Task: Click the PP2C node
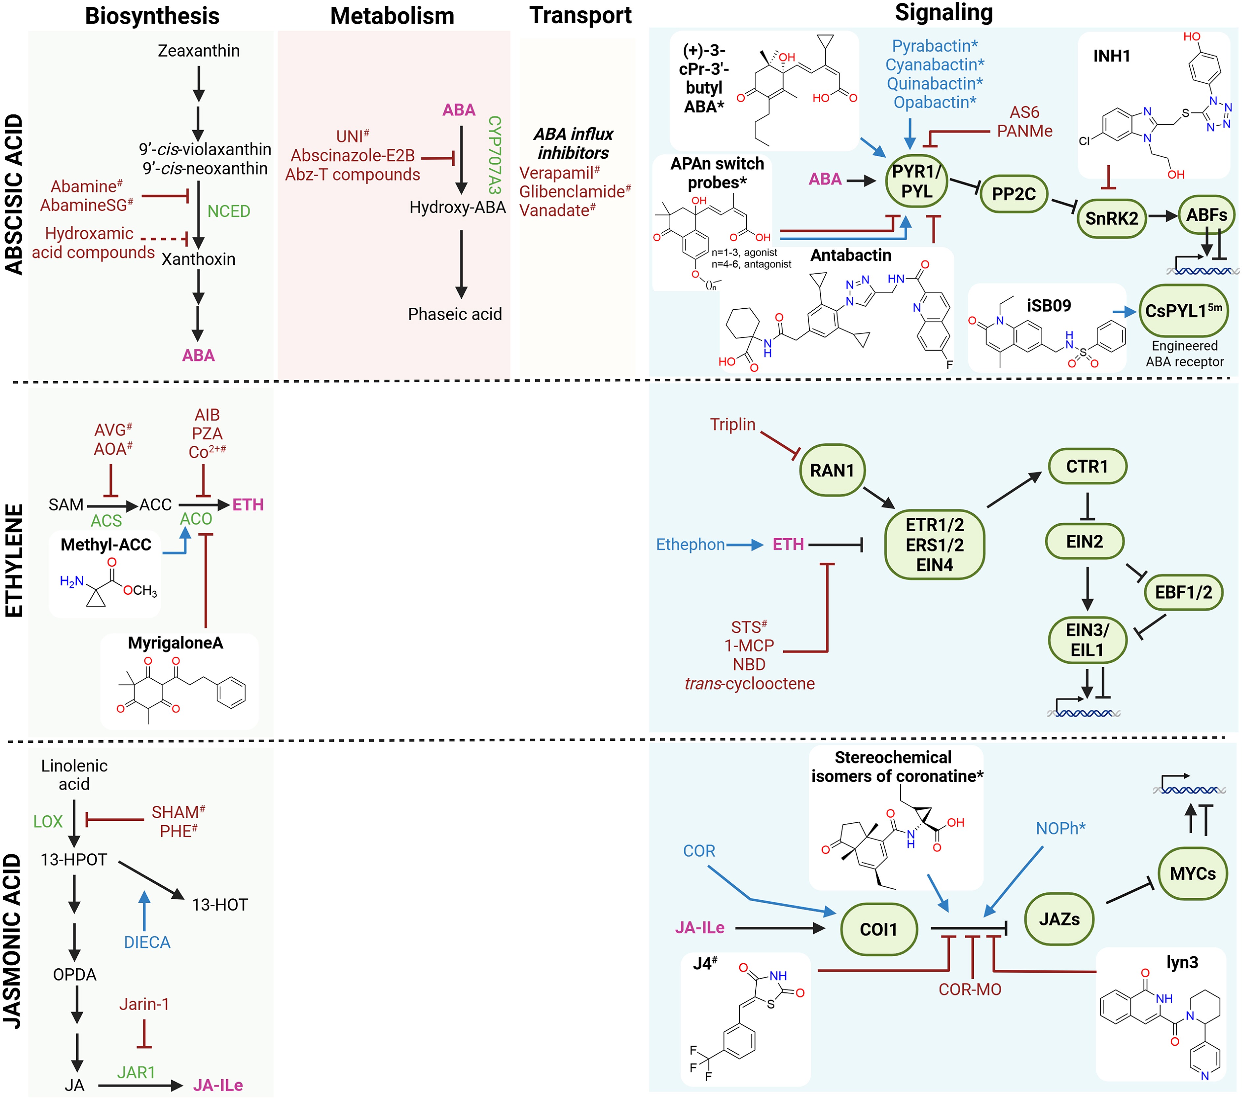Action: (1013, 194)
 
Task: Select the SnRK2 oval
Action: (1111, 218)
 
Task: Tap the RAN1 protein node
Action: (832, 470)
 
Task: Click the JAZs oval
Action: (1059, 919)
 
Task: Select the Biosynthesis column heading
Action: (152, 16)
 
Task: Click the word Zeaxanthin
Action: (198, 50)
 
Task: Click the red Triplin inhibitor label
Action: (732, 425)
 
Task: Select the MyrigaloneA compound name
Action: (175, 643)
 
